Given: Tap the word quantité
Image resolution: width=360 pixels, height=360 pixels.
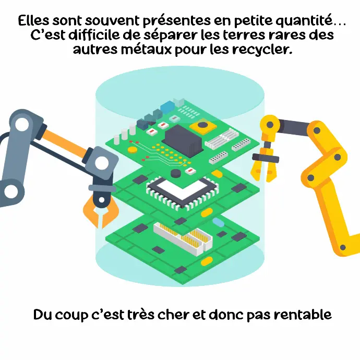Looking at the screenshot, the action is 304,21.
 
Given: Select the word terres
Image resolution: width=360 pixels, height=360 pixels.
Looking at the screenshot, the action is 244,35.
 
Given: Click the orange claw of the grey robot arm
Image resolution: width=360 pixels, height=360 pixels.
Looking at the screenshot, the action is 101,212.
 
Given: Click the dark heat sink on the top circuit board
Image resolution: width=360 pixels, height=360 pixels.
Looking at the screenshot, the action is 183,140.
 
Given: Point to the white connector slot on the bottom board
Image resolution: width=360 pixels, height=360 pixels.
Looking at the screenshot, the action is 183,239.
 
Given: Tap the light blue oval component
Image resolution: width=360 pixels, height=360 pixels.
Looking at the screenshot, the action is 218,222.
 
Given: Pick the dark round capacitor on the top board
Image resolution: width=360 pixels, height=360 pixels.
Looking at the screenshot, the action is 176,173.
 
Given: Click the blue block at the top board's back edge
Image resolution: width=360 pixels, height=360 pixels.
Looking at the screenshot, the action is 168,107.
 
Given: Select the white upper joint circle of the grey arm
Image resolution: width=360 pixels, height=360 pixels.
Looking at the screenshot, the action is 22,125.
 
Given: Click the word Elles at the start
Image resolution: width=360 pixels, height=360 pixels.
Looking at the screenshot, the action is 33,21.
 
